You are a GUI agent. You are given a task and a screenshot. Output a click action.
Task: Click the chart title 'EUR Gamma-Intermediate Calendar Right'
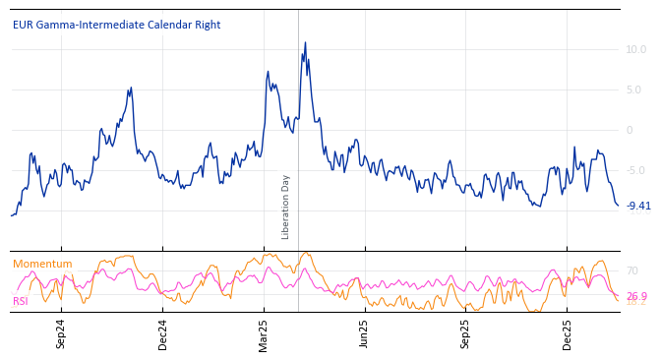tap(116, 25)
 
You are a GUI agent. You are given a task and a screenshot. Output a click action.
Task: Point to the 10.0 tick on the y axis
tap(635, 49)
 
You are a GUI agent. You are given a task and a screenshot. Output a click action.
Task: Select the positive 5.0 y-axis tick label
tap(635, 90)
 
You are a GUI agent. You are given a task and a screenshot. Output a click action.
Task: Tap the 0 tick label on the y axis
tap(630, 130)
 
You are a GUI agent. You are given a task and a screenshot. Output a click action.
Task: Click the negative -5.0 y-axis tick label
tap(635, 170)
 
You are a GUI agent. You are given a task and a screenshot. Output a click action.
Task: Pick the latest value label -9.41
tap(638, 206)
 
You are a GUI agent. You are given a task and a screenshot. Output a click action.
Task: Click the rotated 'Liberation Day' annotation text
tap(286, 207)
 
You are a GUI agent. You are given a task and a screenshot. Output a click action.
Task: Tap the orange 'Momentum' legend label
tap(42, 264)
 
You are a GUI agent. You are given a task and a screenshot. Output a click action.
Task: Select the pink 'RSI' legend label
tap(21, 301)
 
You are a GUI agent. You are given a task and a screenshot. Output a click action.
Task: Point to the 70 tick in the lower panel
tap(631, 270)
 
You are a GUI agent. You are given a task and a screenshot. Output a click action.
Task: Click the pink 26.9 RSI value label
tap(636, 296)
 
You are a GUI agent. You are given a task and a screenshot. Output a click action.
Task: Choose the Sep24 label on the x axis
tap(61, 333)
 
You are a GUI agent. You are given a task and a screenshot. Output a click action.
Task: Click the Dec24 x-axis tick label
tap(163, 333)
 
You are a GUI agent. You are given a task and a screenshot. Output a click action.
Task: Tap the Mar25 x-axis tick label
tap(264, 333)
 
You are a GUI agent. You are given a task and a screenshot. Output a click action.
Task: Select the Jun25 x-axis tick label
tap(364, 333)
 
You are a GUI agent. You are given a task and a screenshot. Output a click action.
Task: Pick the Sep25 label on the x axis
tap(465, 333)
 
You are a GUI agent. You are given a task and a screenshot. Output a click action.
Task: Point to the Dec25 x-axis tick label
tap(567, 333)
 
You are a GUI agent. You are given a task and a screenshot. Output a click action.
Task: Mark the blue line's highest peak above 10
tap(305, 42)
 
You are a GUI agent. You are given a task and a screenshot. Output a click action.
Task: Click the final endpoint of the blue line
tap(618, 206)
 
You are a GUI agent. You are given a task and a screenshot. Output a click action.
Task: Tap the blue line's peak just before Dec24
tap(131, 88)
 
